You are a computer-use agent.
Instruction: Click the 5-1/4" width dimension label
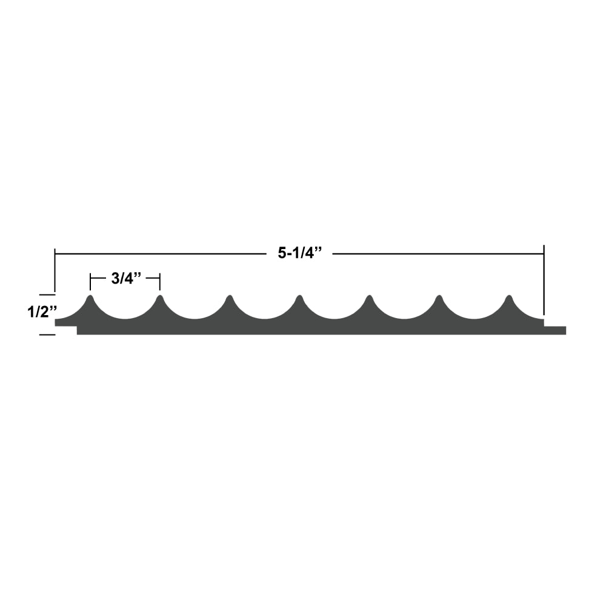click(299, 254)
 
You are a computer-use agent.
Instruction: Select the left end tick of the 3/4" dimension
click(90, 282)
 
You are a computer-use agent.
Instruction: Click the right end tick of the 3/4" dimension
click(160, 282)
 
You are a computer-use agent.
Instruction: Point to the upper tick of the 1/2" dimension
click(47, 295)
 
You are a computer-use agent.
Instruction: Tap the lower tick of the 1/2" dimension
click(47, 335)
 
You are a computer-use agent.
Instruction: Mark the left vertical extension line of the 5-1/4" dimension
click(55, 273)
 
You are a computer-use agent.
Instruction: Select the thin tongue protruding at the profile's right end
click(555, 330)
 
